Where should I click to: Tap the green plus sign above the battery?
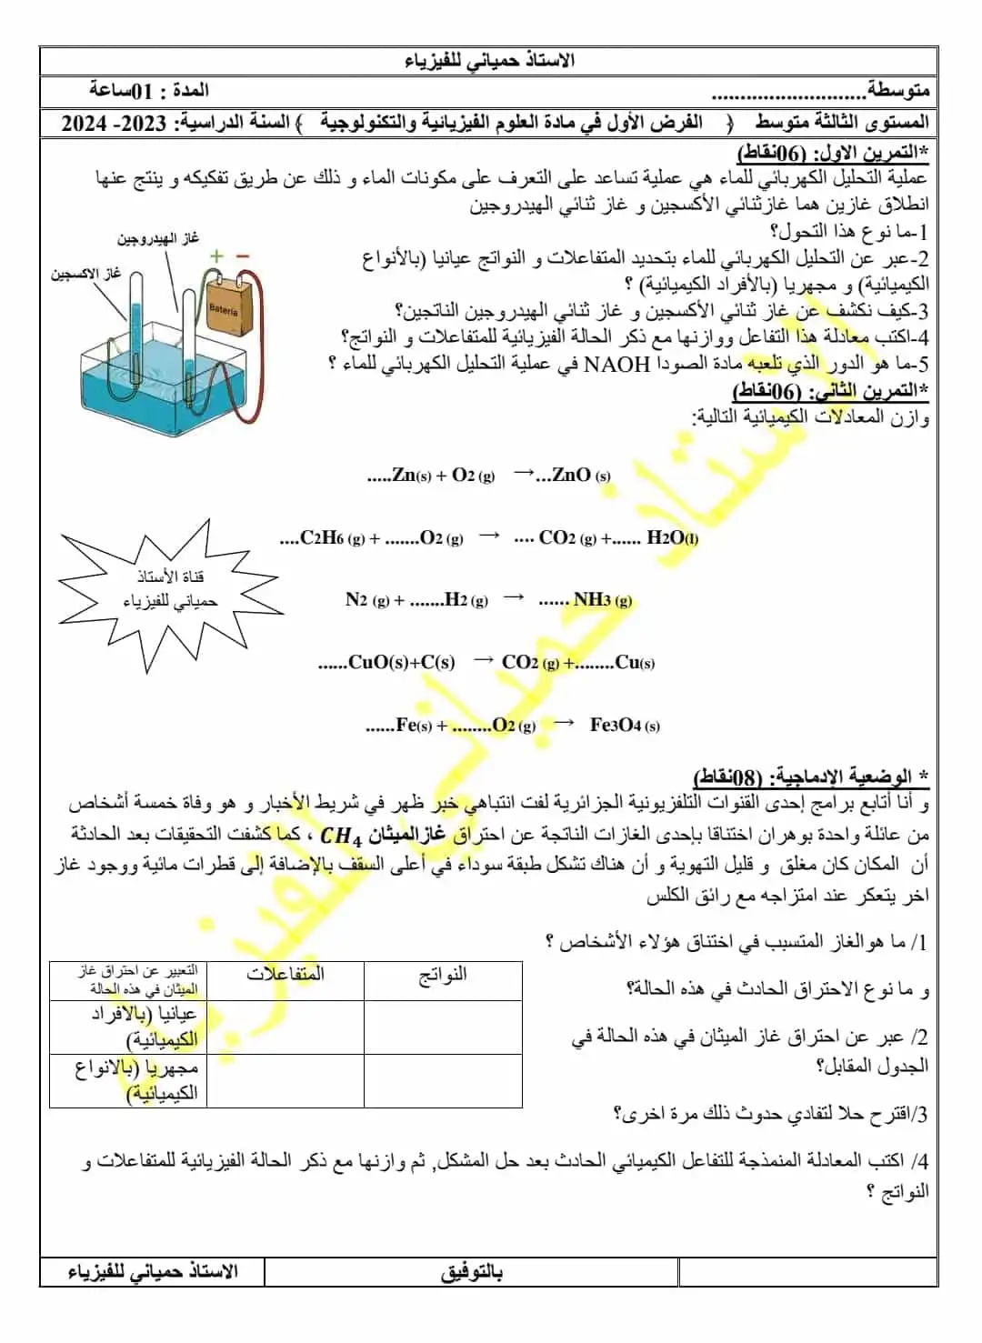[216, 256]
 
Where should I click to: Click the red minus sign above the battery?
[242, 256]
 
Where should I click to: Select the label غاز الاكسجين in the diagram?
[85, 274]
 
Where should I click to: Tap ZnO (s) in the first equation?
[580, 475]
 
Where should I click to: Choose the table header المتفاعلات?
[285, 974]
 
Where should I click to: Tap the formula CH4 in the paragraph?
[341, 836]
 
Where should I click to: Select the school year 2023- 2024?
[114, 123]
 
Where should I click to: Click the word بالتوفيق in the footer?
[471, 1271]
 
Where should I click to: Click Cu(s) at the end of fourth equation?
[634, 663]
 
